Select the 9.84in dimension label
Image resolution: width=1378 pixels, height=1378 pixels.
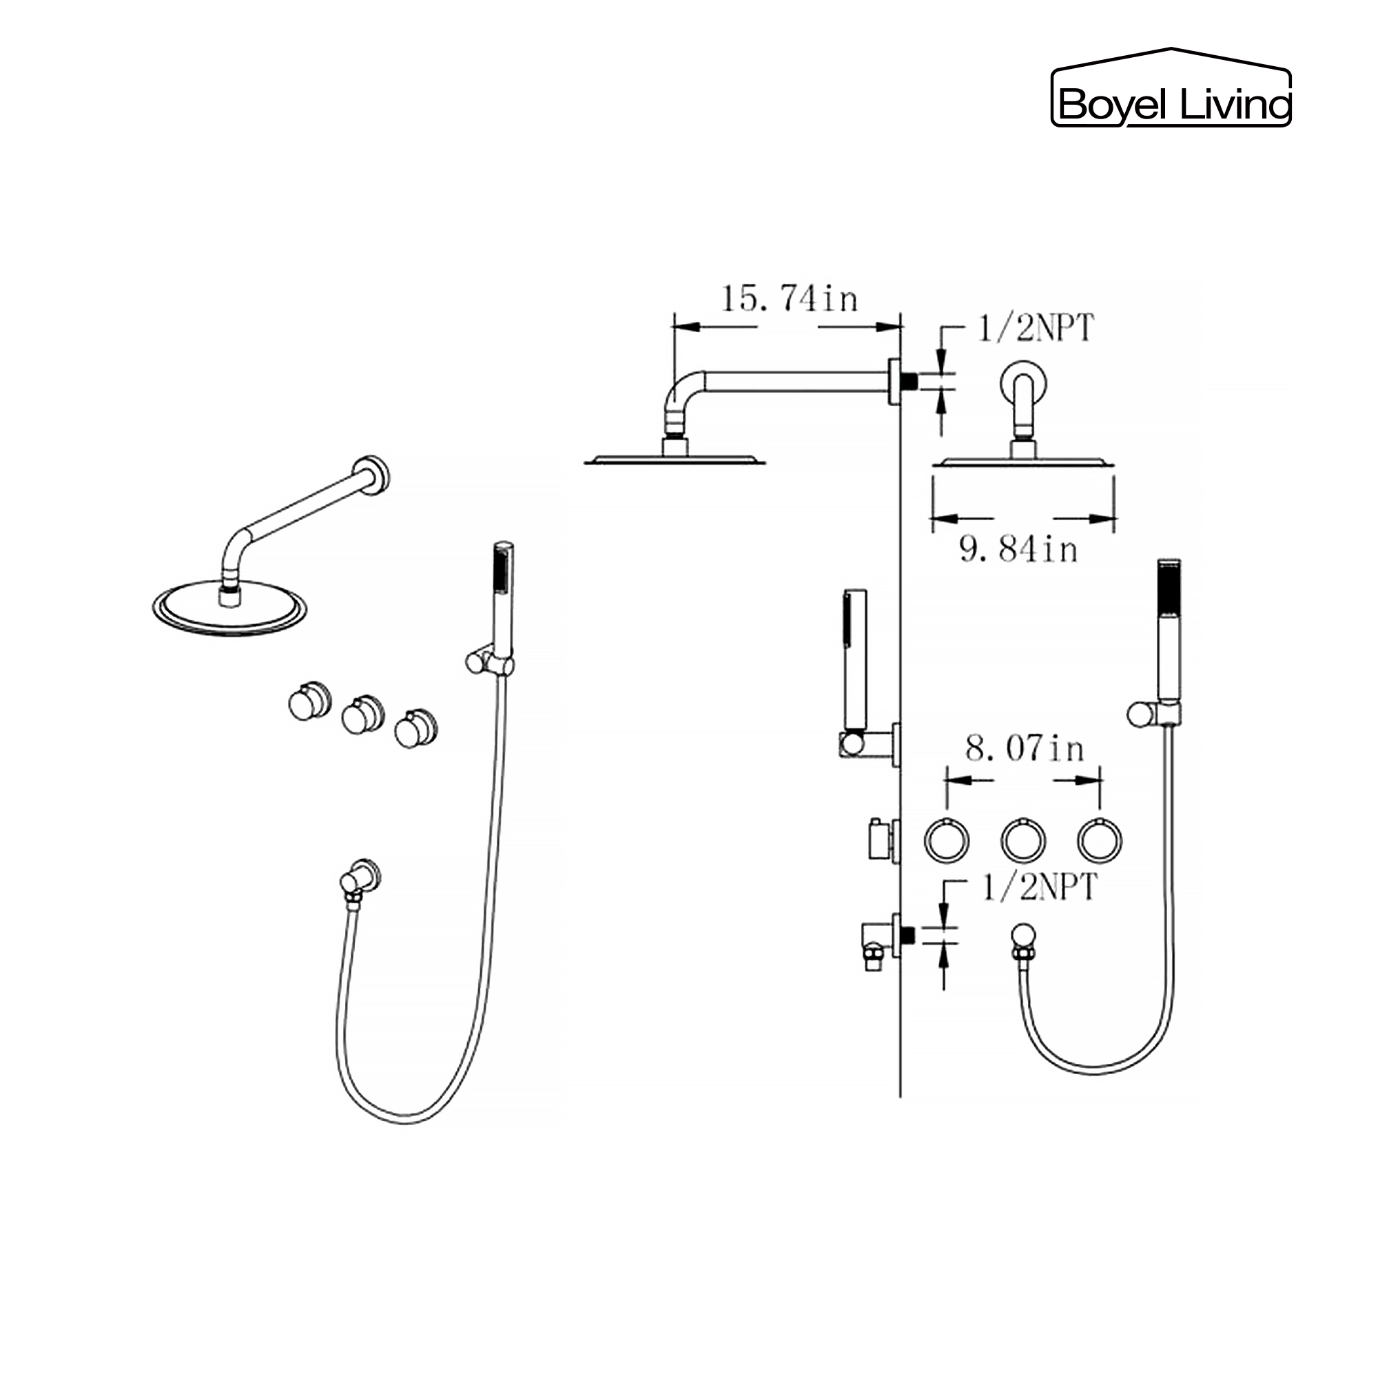click(1018, 550)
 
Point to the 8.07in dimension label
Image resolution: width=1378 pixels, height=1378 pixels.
click(1025, 749)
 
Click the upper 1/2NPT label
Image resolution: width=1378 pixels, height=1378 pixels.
click(1035, 329)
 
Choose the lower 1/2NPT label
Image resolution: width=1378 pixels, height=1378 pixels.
click(1039, 887)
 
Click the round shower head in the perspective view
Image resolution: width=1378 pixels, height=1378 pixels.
click(229, 608)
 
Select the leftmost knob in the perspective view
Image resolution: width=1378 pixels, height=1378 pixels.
click(309, 702)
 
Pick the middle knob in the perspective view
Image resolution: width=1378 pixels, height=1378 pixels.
click(362, 715)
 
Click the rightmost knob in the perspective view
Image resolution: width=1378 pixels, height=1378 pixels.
click(416, 729)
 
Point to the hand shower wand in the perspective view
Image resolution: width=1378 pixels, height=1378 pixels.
click(503, 599)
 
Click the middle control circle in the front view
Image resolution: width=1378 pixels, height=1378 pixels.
click(1024, 841)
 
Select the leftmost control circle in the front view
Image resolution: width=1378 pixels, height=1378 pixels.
click(947, 841)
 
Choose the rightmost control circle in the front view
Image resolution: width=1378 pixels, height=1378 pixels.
click(1100, 841)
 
